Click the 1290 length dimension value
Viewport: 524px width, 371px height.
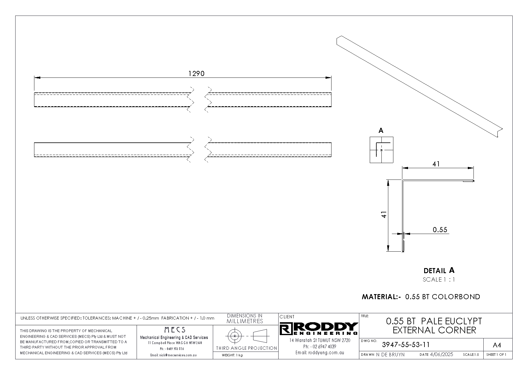click(196, 73)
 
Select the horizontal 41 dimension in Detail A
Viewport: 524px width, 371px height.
click(436, 164)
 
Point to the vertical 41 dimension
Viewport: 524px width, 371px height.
click(384, 215)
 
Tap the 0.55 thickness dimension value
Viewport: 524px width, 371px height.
click(440, 229)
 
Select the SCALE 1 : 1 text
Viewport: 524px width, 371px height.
click(439, 280)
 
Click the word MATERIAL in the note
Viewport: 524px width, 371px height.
click(379, 297)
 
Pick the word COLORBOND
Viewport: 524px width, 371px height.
click(456, 297)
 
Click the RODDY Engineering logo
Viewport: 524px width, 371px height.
click(319, 329)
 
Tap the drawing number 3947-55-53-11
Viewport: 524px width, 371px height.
click(406, 345)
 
